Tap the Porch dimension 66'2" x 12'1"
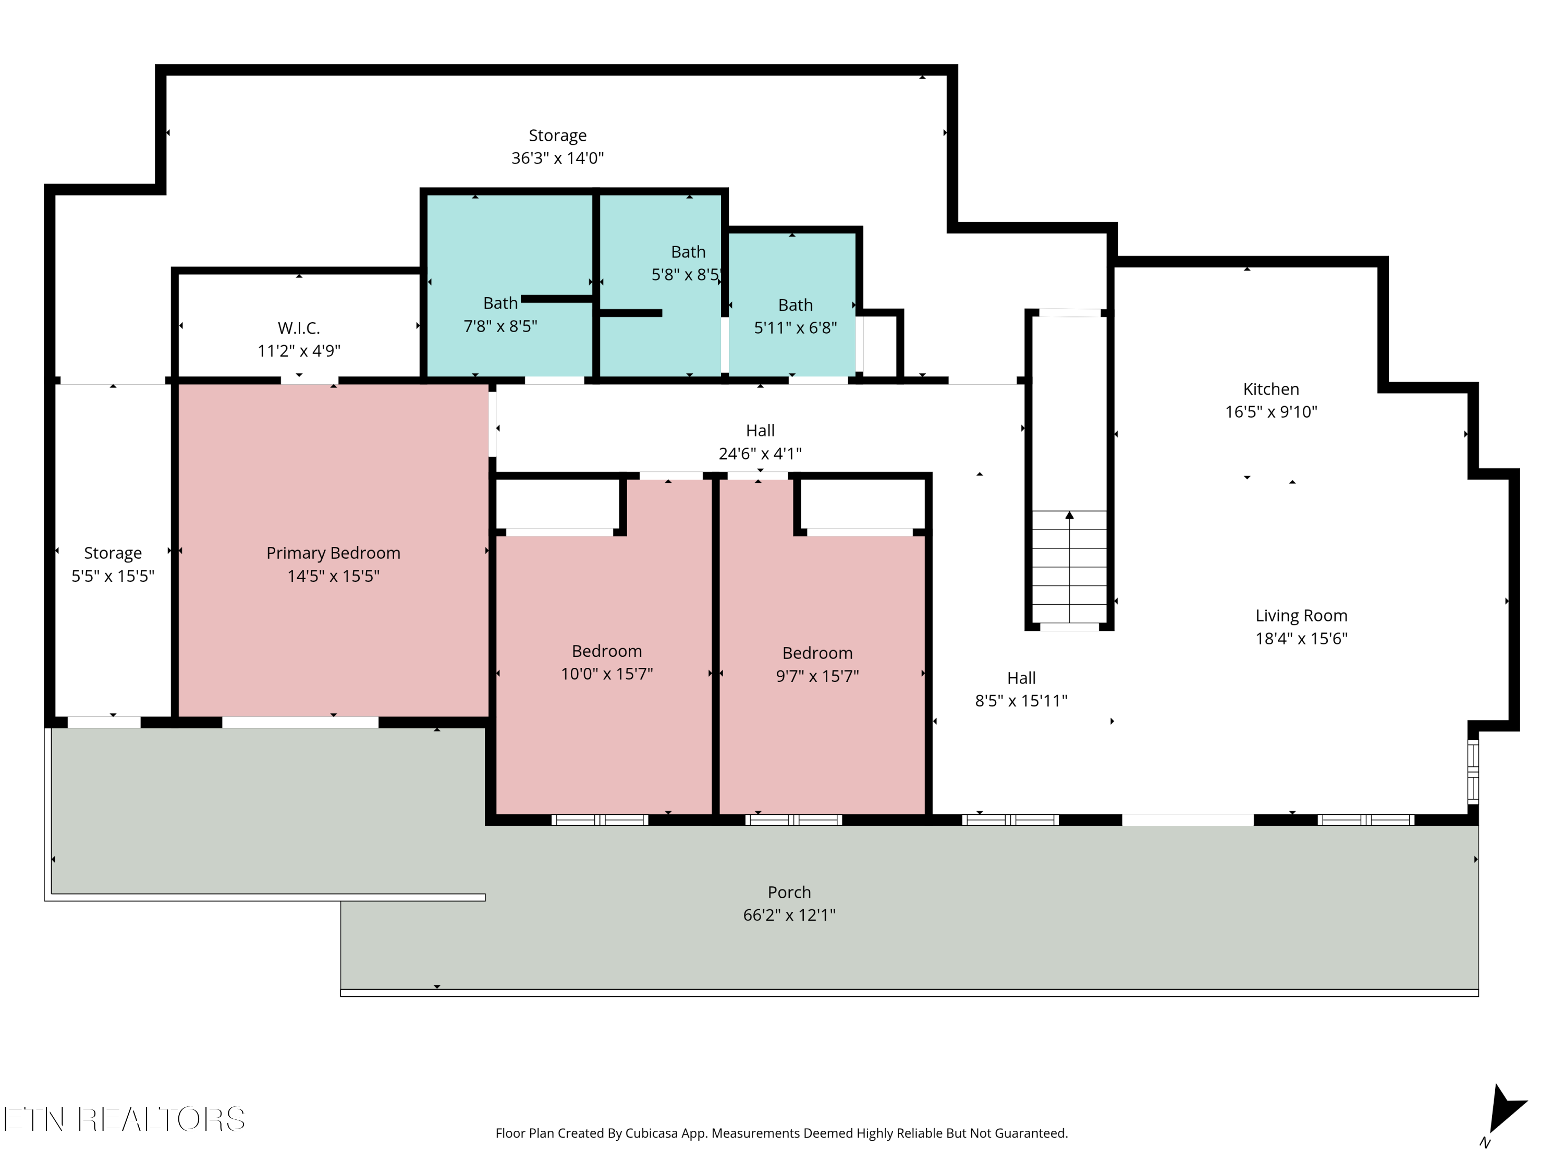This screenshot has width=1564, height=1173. [789, 915]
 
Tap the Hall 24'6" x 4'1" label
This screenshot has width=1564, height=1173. [760, 442]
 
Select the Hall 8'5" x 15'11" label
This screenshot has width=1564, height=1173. [1021, 689]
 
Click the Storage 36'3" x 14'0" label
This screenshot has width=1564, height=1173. [558, 146]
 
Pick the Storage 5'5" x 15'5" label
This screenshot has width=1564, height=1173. [113, 564]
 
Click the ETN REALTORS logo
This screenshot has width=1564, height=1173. [125, 1119]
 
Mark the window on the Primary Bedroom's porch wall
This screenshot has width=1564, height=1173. [300, 722]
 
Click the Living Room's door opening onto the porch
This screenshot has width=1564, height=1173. [1188, 820]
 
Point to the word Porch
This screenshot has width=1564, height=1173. [789, 893]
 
